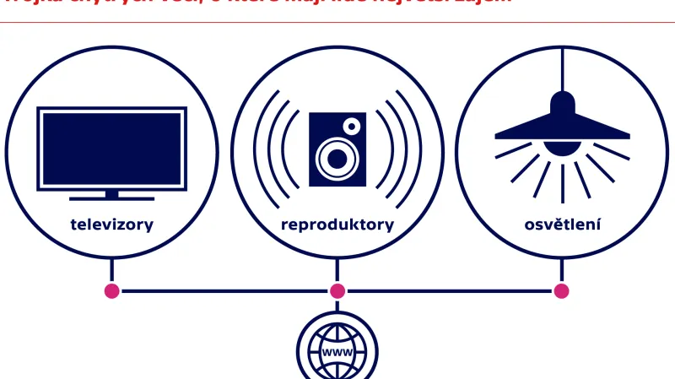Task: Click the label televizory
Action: (x=112, y=225)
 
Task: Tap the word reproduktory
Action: (x=337, y=225)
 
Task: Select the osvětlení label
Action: (x=562, y=225)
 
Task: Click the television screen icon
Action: (x=112, y=149)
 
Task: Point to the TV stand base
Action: (x=112, y=198)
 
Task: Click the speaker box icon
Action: (x=337, y=149)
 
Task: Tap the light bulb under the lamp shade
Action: (x=562, y=147)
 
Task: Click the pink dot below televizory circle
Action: (x=112, y=291)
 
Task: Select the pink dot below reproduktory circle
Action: (x=337, y=291)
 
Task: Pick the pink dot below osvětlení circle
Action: (x=562, y=291)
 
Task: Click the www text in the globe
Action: (x=337, y=351)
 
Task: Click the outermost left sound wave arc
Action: (x=256, y=149)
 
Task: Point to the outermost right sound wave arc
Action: (x=418, y=149)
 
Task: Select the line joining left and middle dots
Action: (x=224, y=291)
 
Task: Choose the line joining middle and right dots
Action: (x=450, y=291)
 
